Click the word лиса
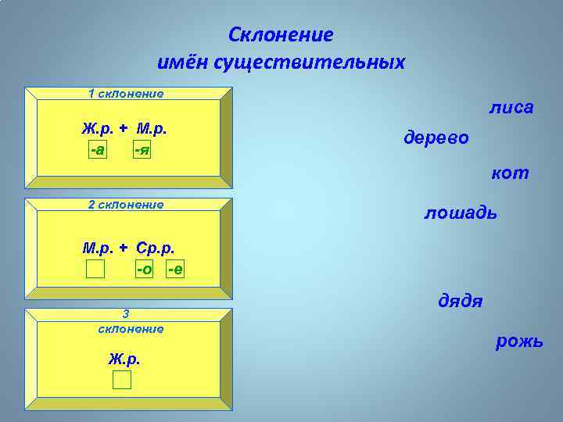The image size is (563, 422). (511, 107)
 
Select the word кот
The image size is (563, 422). (510, 173)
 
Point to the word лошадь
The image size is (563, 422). (460, 212)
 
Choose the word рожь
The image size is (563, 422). (518, 342)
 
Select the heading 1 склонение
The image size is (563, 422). (126, 94)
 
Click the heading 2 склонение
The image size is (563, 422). (126, 204)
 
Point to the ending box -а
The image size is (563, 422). (99, 148)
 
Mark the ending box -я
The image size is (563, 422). (141, 148)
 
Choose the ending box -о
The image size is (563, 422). (144, 270)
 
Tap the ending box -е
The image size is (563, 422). (176, 270)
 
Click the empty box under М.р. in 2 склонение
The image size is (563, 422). (95, 270)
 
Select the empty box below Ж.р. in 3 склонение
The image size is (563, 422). (121, 380)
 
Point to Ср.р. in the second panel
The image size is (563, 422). (155, 249)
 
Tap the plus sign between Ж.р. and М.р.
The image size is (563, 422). (124, 128)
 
